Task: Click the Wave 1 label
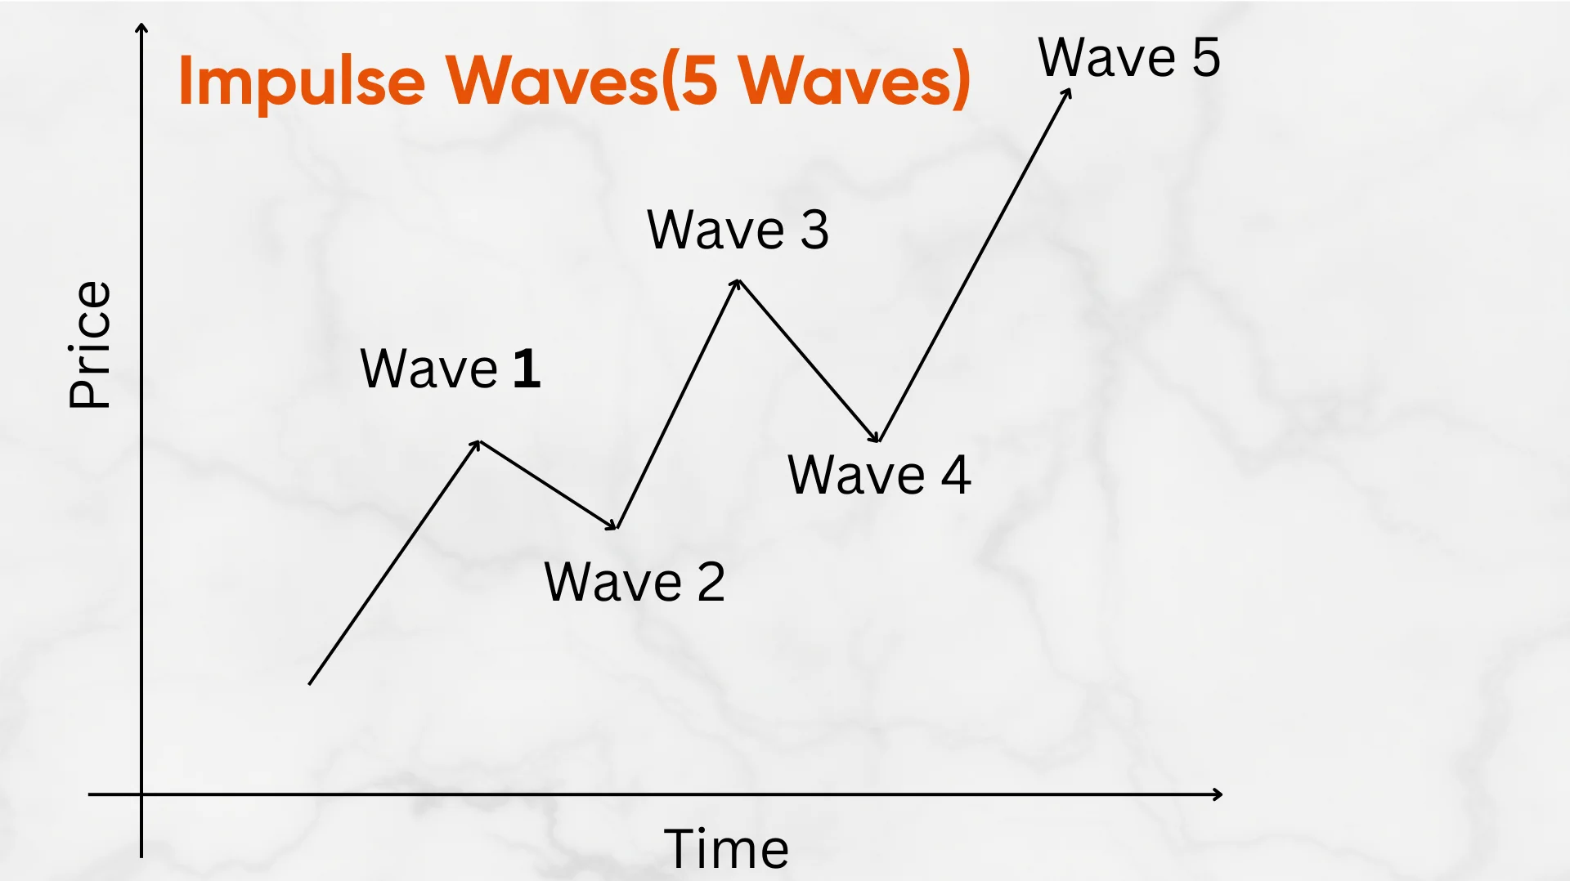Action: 450,369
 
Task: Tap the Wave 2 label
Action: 635,582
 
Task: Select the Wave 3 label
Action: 738,230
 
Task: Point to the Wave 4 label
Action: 879,475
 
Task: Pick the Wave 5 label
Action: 1129,58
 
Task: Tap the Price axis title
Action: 89,344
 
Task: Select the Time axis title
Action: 726,848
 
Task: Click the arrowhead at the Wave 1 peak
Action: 478,444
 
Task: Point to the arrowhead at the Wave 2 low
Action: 613,526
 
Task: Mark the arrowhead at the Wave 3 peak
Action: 737,283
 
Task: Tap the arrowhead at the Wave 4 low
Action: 877,438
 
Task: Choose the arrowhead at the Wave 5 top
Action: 1067,92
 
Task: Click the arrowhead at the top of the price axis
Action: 141,29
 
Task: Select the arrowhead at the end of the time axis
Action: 1218,794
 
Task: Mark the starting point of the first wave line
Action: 310,683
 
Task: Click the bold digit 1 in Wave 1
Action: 527,369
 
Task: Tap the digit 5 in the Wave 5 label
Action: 1206,58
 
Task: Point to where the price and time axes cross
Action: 141,794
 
